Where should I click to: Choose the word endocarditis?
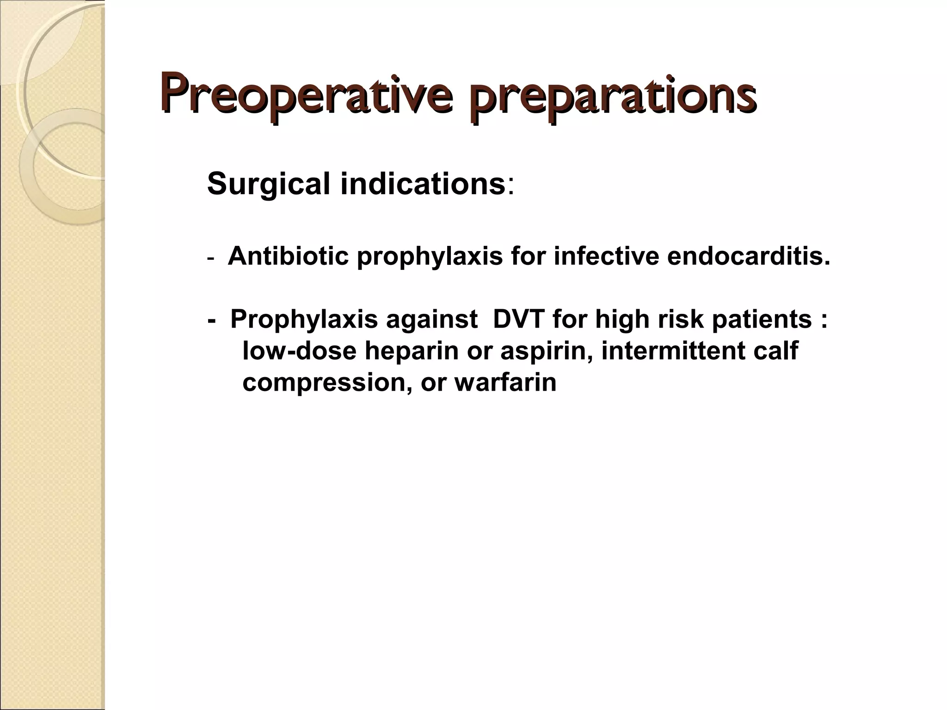(x=748, y=256)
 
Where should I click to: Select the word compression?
(x=326, y=383)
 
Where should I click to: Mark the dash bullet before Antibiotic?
(x=211, y=258)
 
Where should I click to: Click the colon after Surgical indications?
(x=510, y=186)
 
